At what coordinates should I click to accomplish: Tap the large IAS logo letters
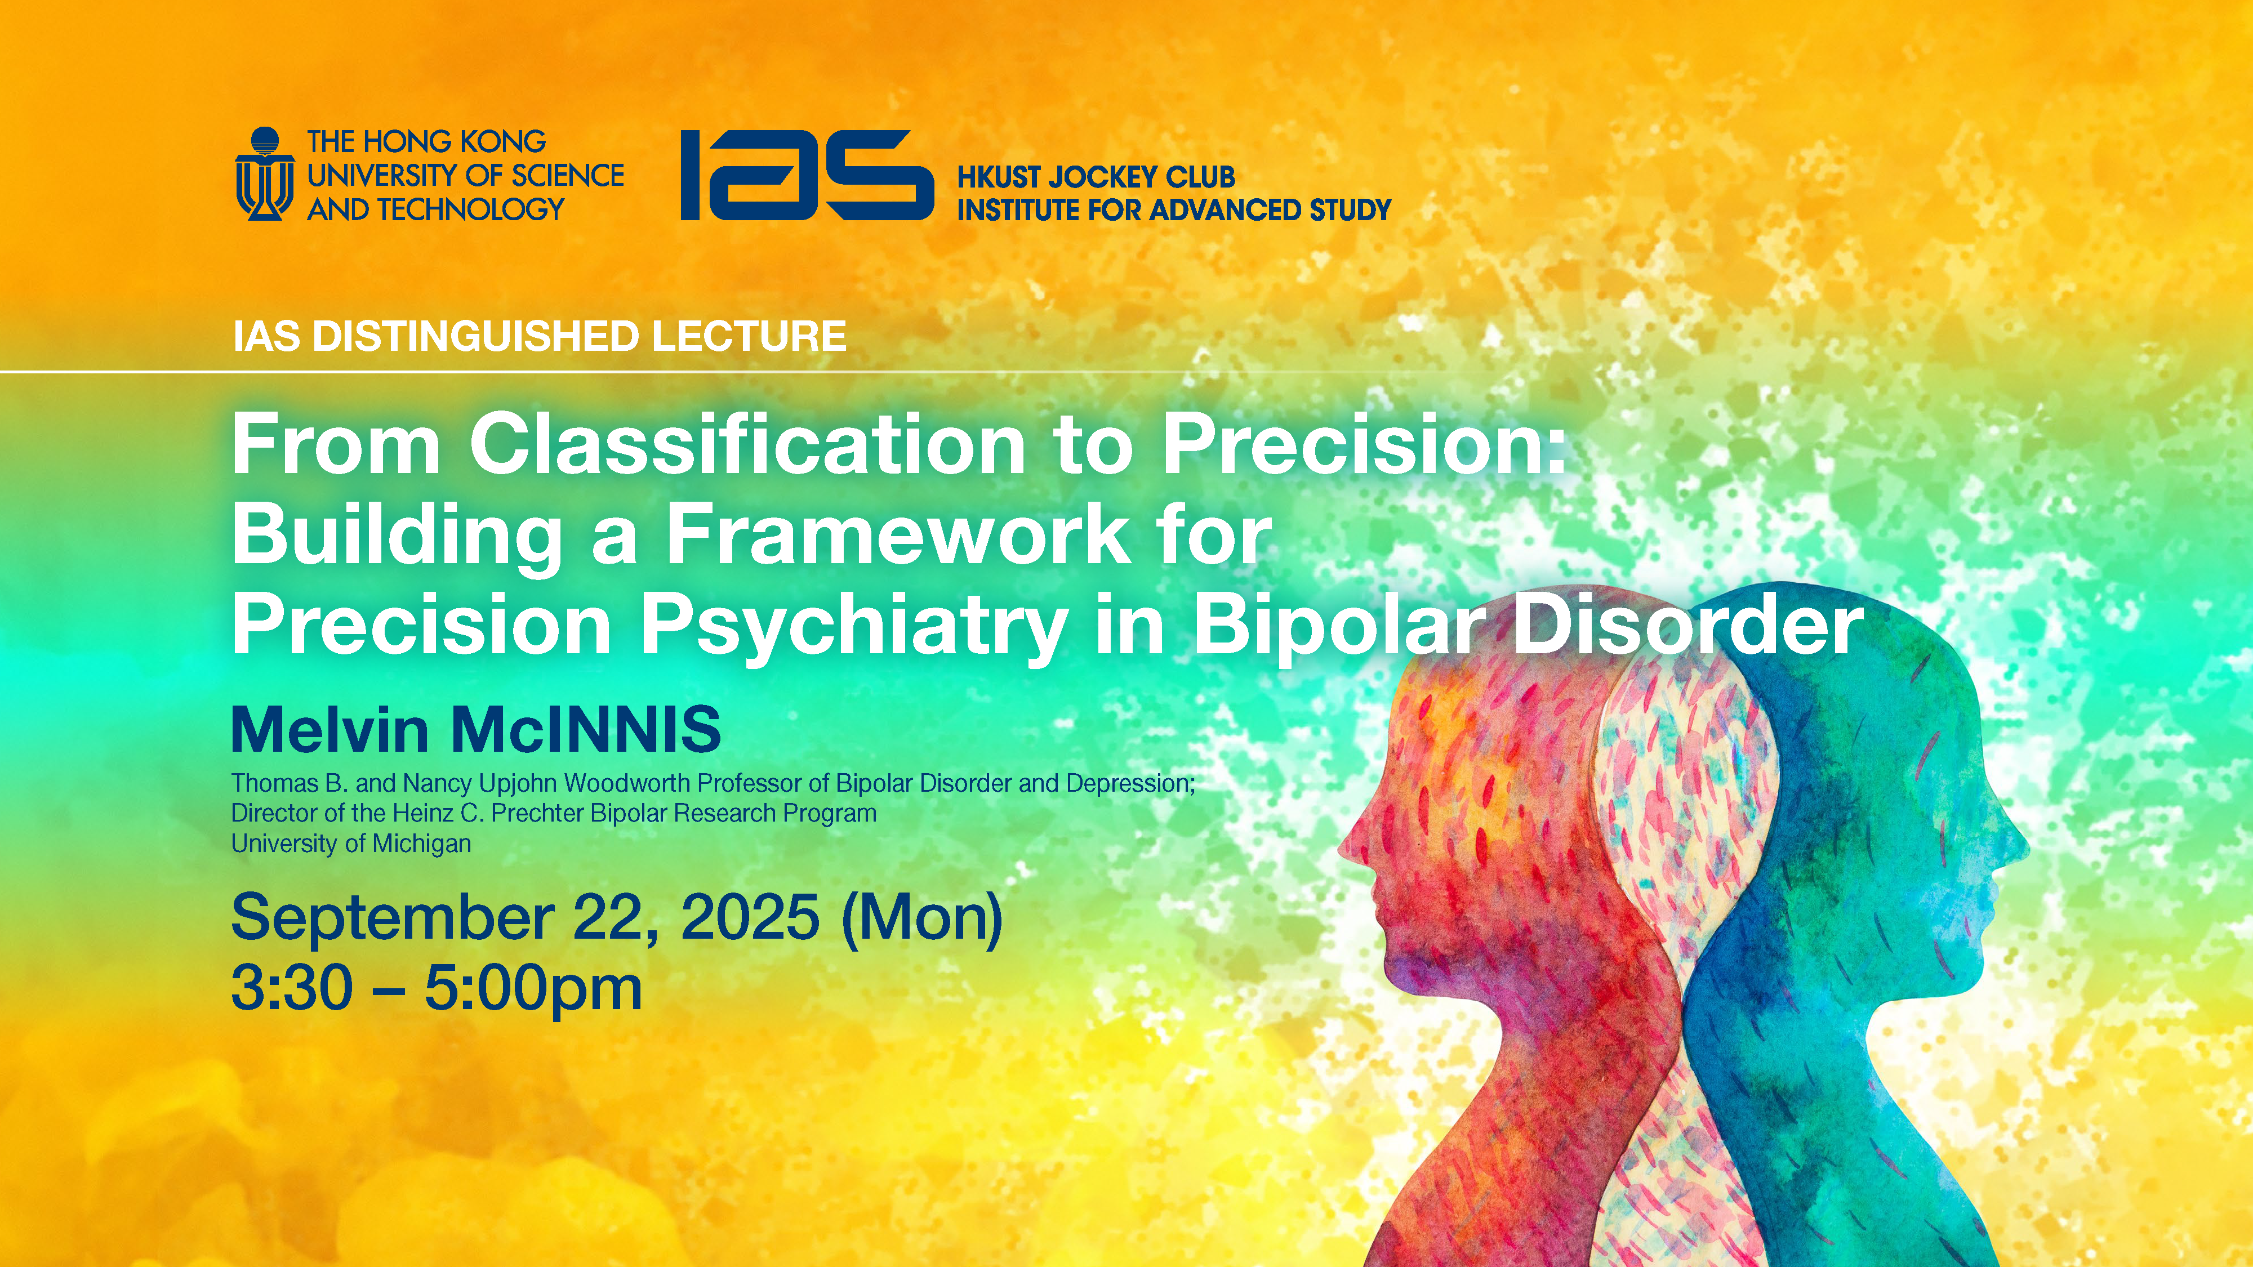[x=807, y=175]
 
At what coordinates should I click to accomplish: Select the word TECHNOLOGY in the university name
[x=470, y=209]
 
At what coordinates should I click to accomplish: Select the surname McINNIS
[x=585, y=729]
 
